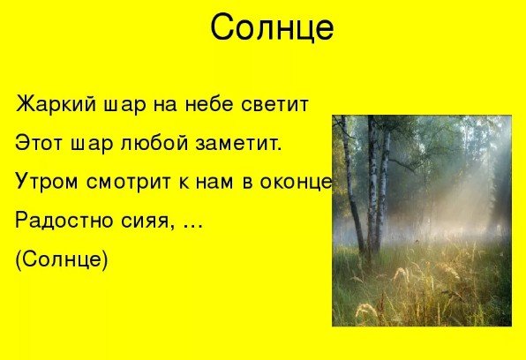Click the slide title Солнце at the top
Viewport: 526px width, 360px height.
[272, 28]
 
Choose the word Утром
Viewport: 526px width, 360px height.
[44, 183]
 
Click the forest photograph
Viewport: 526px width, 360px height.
[422, 221]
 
